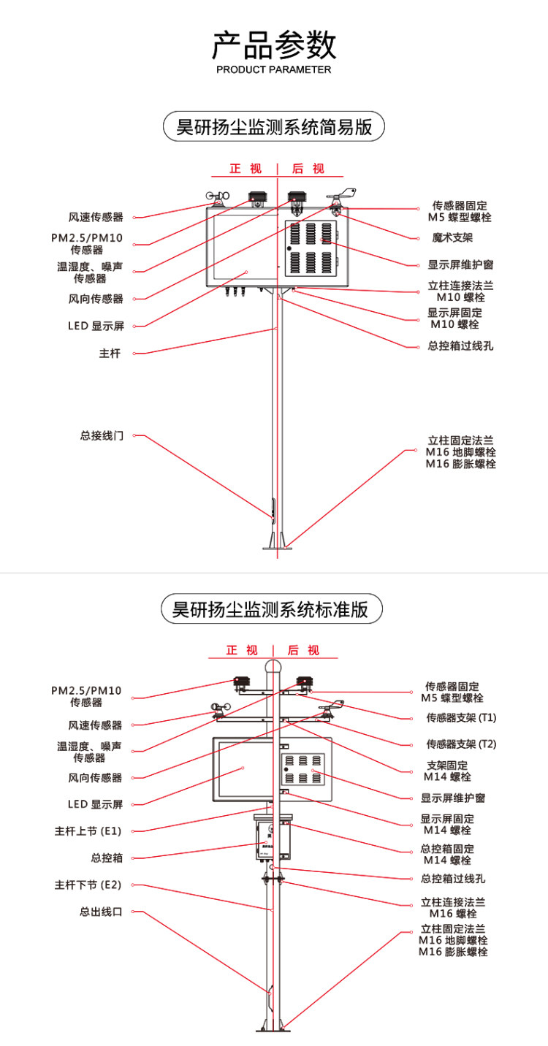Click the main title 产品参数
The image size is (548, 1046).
pyautogui.click(x=274, y=45)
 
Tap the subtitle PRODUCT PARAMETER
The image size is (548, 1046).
pyautogui.click(x=274, y=70)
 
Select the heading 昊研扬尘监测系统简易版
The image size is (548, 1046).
pyautogui.click(x=274, y=127)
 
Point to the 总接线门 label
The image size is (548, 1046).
pyautogui.click(x=102, y=435)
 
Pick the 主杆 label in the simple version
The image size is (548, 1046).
pyautogui.click(x=110, y=354)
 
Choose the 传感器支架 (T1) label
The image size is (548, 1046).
pyautogui.click(x=461, y=718)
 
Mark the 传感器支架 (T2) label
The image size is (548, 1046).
pyautogui.click(x=461, y=744)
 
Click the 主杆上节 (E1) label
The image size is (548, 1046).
pyautogui.click(x=88, y=831)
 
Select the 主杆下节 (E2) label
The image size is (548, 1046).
pyautogui.click(x=88, y=885)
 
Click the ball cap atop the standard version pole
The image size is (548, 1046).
pyautogui.click(x=273, y=667)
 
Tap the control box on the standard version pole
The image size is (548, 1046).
pyautogui.click(x=273, y=839)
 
